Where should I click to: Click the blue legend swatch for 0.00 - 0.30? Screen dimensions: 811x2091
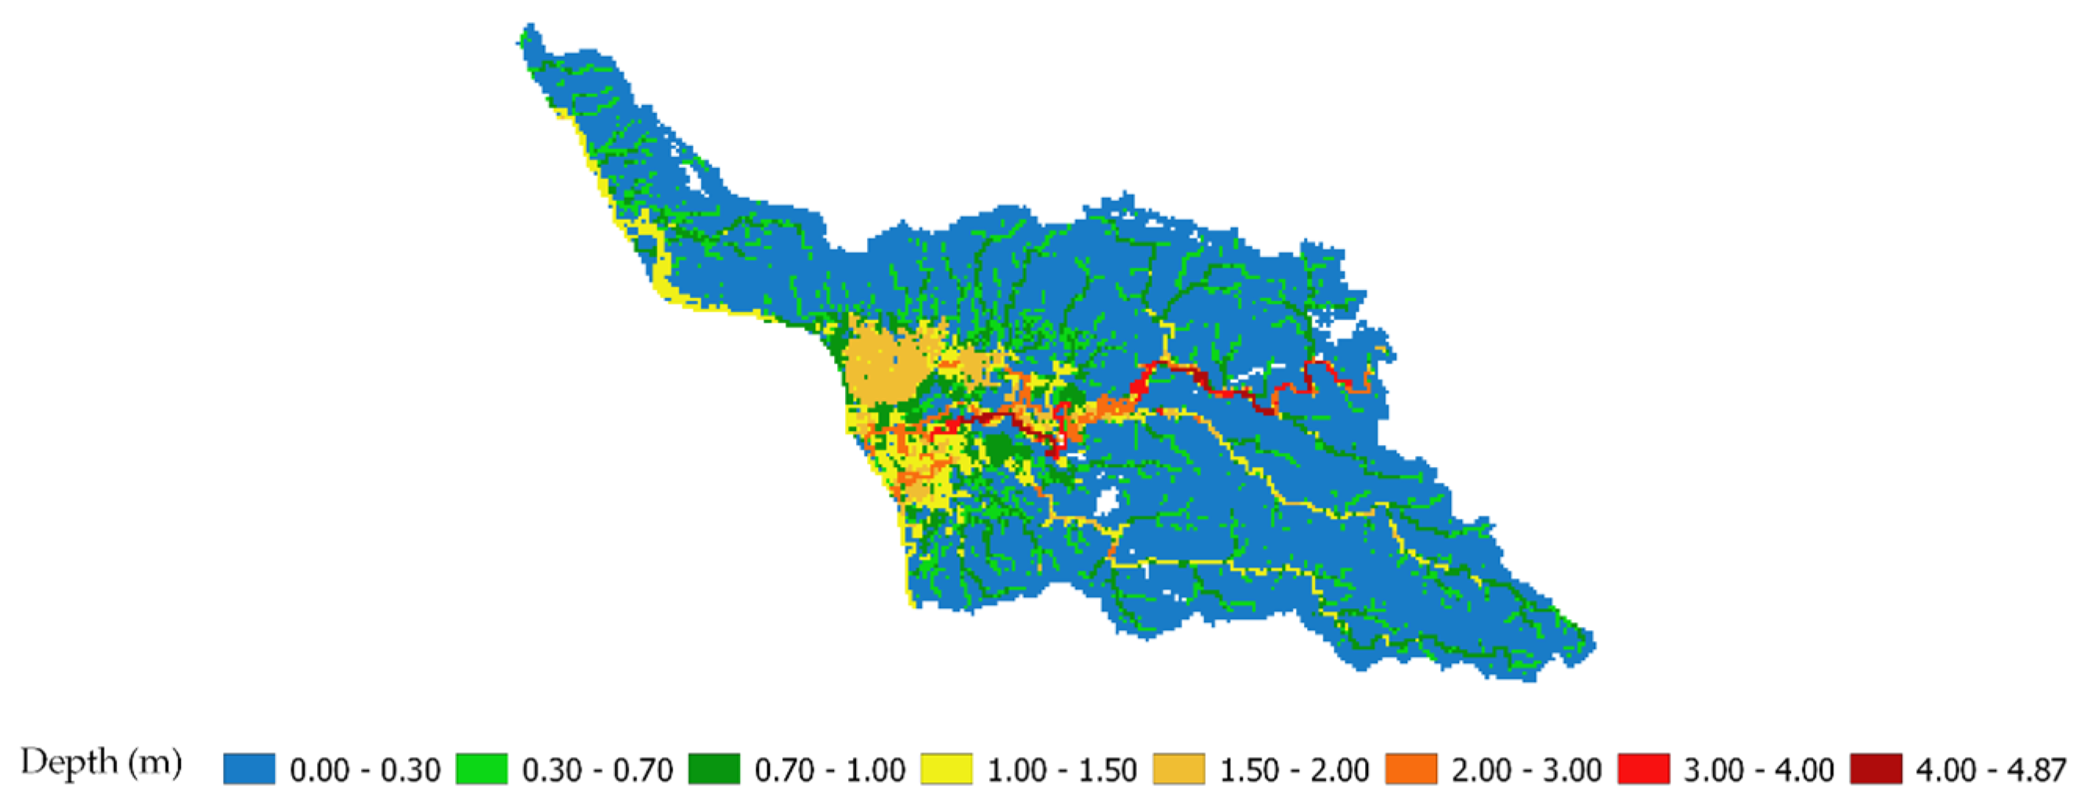point(249,769)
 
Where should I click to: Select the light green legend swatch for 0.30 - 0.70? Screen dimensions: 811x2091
point(482,769)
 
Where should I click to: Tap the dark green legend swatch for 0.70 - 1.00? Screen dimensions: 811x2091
point(713,769)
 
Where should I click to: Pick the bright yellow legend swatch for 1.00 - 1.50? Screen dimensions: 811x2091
point(946,769)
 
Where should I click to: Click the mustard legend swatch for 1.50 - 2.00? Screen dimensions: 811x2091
point(1179,769)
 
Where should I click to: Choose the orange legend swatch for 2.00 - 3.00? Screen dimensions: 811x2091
point(1410,769)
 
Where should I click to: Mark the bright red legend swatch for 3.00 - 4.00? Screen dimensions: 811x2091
point(1643,769)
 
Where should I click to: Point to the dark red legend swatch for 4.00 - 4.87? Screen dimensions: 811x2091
point(1876,769)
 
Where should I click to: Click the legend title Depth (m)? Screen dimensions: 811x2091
point(102,763)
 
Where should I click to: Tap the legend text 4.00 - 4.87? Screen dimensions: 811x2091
point(1990,769)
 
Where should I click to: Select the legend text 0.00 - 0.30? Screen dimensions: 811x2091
point(364,769)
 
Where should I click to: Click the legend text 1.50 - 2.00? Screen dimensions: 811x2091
point(1294,769)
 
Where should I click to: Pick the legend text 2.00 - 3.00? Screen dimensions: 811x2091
point(1526,769)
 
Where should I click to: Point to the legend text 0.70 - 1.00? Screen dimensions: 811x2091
point(829,769)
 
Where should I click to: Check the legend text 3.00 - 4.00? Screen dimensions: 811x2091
point(1758,769)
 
